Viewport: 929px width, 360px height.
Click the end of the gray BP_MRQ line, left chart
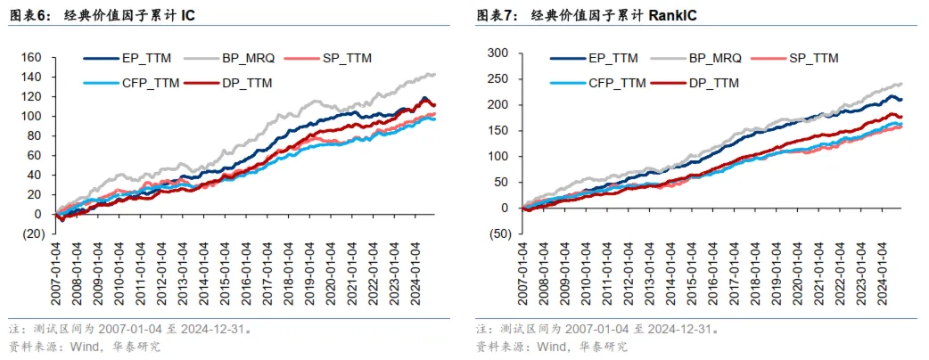[434, 74]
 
